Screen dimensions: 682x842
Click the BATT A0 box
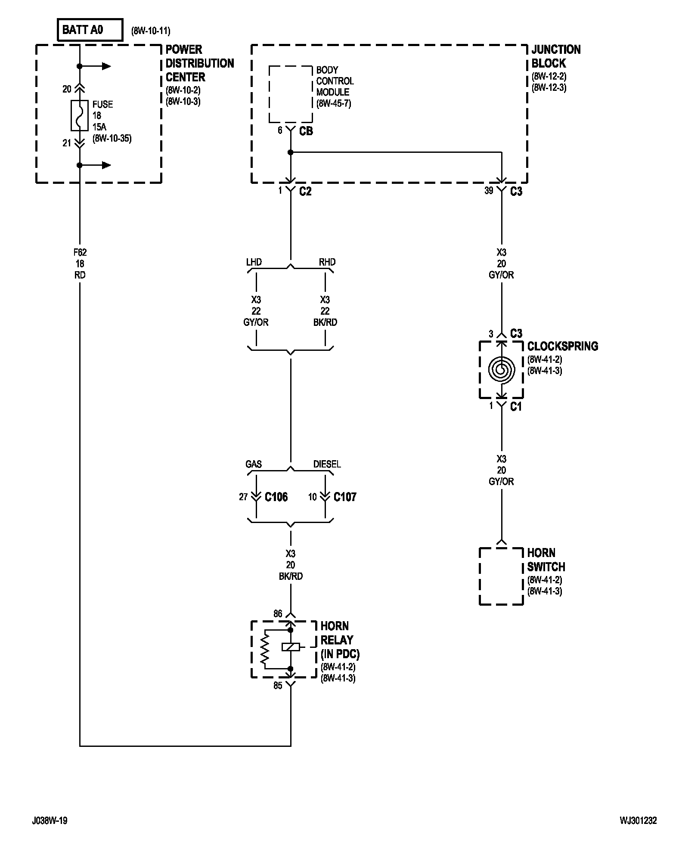pos(90,30)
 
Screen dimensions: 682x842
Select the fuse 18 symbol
pos(80,115)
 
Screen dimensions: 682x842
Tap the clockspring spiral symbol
pos(501,369)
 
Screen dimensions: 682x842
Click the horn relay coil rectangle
pos(291,647)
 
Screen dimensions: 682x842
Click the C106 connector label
pos(276,497)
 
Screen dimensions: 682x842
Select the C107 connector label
pos(345,497)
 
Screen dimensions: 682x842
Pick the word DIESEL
pos(327,464)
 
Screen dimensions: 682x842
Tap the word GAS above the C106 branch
pos(254,464)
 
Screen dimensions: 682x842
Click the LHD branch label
pos(254,262)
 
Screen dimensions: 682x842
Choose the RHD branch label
pos(327,262)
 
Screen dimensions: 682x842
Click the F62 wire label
pos(80,252)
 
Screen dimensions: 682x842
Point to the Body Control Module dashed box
pos(291,94)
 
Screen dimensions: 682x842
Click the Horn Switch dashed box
pos(501,576)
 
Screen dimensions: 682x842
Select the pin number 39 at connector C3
pos(489,191)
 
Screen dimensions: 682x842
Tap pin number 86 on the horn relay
pos(278,613)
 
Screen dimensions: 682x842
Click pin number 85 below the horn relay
pos(278,686)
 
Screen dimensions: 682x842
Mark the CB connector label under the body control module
pos(306,131)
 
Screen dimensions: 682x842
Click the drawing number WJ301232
pos(638,821)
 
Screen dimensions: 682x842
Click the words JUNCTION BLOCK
pos(556,56)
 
